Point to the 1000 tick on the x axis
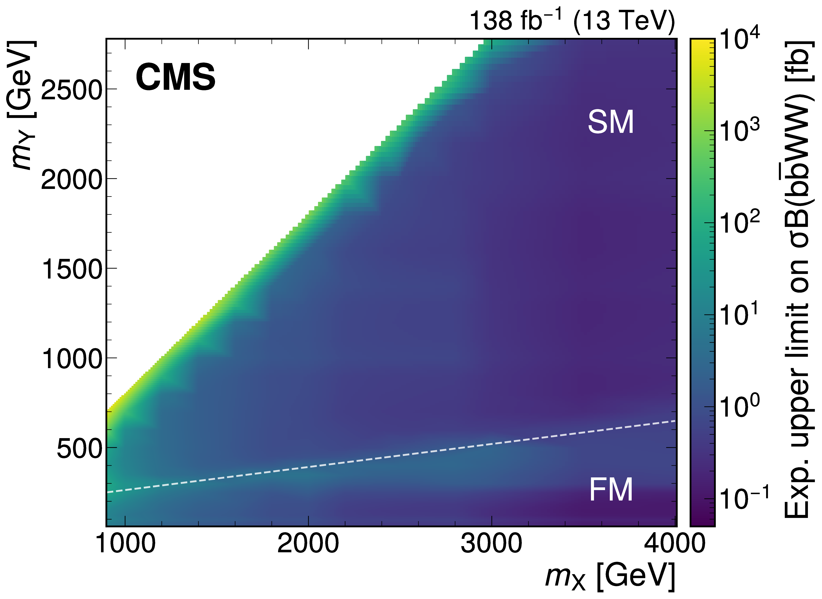125,544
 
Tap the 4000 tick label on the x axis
674,544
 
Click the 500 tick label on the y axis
79,449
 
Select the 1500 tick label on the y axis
71,269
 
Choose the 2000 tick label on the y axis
71,180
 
